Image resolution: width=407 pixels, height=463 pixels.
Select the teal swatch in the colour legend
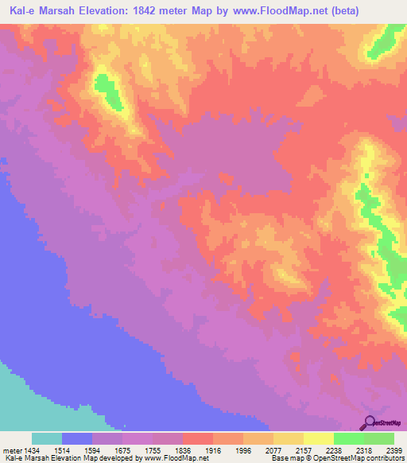click(46, 438)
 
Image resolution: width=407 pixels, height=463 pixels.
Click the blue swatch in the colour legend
click(77, 438)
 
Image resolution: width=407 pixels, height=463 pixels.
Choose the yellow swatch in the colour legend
click(318, 438)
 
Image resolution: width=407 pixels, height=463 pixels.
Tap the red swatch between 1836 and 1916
click(197, 438)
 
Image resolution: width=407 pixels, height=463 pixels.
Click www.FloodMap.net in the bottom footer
click(166, 458)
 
